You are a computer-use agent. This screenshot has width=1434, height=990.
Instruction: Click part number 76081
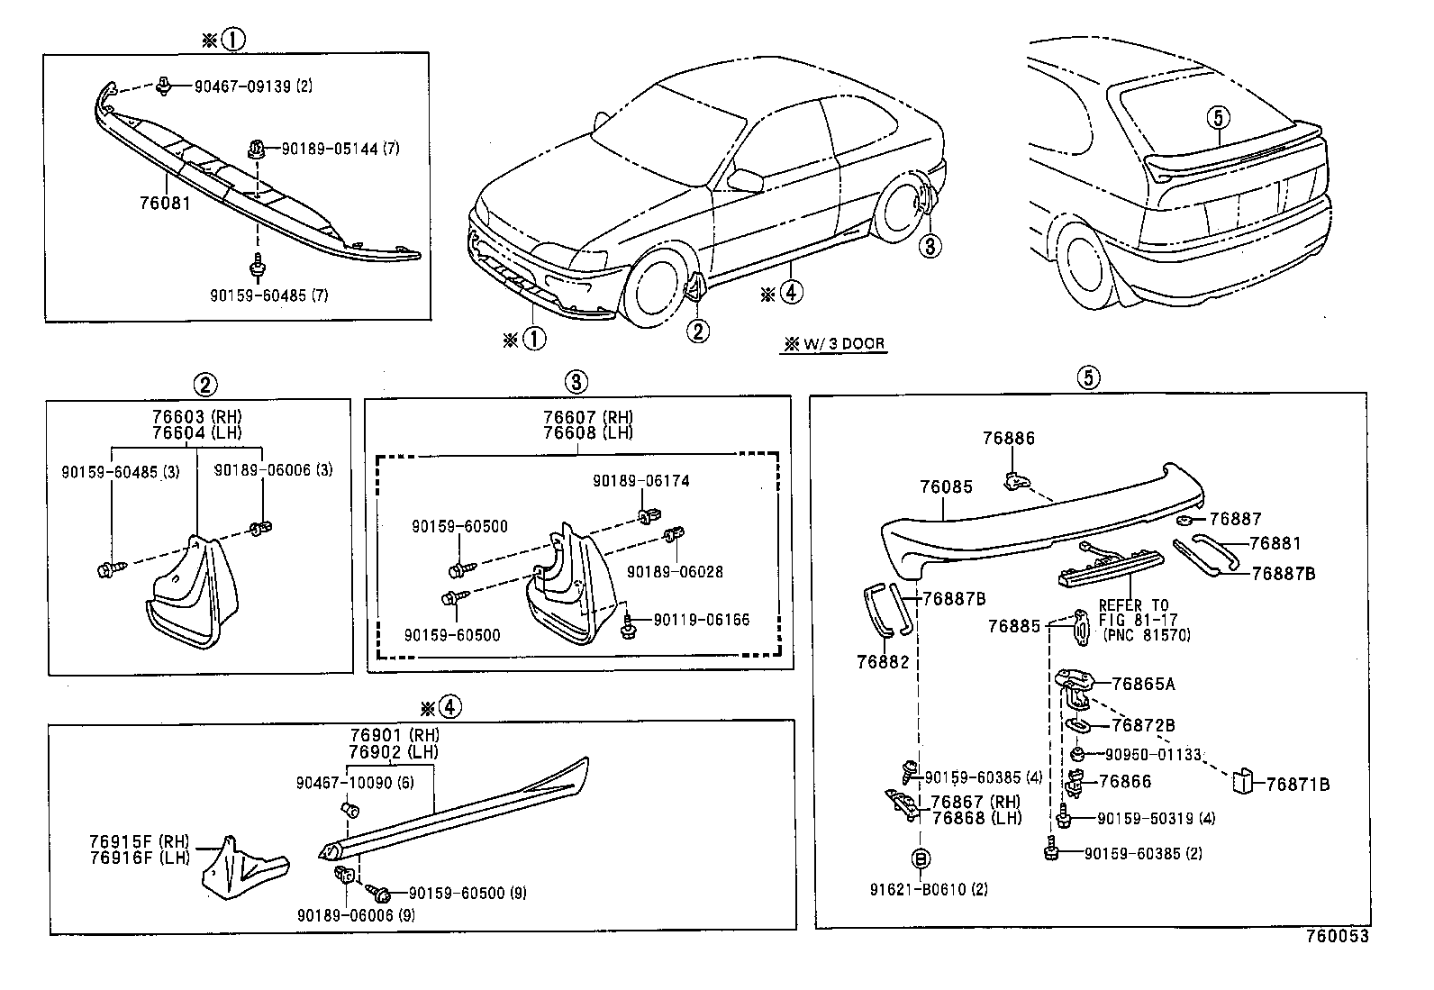[x=165, y=203]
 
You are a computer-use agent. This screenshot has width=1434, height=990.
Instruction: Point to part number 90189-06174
[x=640, y=481]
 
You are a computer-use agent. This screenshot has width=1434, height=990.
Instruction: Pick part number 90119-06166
[x=701, y=620]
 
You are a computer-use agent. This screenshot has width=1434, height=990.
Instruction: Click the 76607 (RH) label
[x=588, y=417]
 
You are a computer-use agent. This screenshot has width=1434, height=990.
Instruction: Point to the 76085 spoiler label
[x=946, y=487]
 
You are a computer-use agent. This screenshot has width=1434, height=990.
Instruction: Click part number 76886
[x=1008, y=439]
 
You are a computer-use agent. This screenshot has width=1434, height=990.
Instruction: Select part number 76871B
[x=1297, y=785]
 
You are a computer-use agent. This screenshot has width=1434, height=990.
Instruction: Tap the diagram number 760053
[x=1337, y=936]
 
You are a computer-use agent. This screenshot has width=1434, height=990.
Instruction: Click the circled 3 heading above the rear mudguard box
[x=577, y=382]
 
